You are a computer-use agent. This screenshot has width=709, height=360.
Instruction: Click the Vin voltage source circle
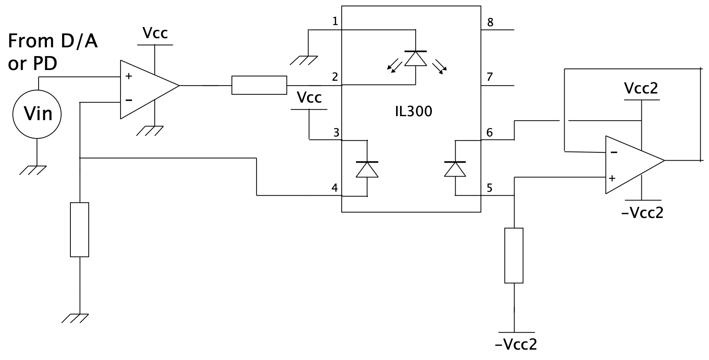(37, 114)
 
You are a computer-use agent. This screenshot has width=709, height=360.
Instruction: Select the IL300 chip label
(414, 111)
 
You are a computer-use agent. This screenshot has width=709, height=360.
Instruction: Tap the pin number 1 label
(335, 21)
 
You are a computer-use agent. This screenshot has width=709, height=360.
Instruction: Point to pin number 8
(490, 22)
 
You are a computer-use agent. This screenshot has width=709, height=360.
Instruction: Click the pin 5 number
(490, 188)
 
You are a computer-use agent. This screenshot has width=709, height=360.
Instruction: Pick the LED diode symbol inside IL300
(416, 58)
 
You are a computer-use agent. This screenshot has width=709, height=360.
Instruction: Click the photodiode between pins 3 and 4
(367, 169)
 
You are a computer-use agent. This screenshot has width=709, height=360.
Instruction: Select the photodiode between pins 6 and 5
(455, 169)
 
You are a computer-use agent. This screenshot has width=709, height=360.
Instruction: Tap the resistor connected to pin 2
(259, 85)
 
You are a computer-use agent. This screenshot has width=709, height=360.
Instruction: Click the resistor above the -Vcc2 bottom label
(514, 255)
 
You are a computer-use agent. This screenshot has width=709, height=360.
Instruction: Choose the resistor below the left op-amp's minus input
(80, 230)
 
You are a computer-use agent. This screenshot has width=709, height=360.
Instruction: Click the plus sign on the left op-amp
(129, 76)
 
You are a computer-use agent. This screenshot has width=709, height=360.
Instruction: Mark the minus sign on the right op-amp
(614, 152)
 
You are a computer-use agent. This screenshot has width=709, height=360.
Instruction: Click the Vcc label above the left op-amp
(155, 33)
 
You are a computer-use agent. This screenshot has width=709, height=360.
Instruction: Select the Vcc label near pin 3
(309, 97)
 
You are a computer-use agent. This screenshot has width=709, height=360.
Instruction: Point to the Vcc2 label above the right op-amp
(641, 88)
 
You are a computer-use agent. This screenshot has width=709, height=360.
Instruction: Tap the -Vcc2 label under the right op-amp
(642, 213)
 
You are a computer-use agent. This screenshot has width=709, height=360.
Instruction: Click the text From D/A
(52, 41)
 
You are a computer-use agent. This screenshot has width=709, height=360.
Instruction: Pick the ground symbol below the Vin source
(33, 170)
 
